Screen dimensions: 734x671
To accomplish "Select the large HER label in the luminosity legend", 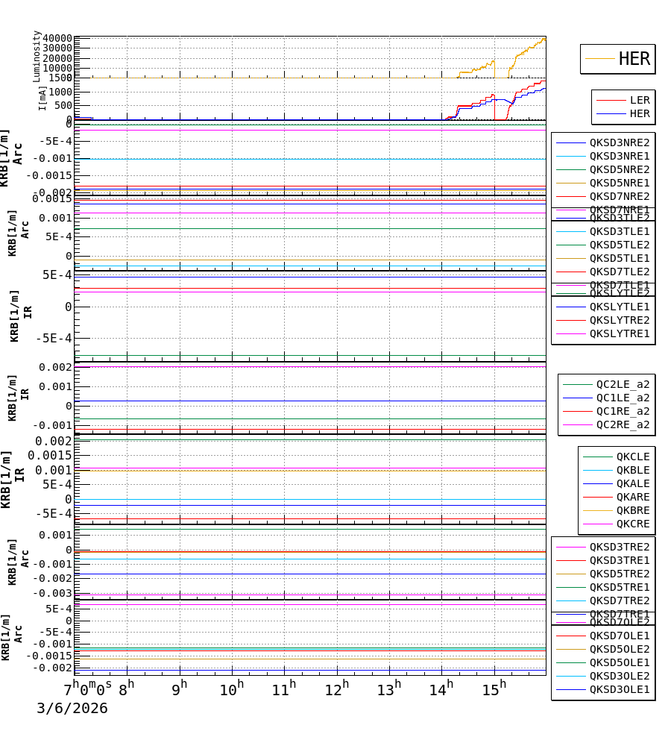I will point(634,59).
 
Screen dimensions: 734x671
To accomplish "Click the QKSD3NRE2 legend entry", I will point(619,142).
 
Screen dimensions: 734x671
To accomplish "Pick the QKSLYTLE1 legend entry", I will point(619,307).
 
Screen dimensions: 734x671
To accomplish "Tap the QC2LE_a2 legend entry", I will point(622,384).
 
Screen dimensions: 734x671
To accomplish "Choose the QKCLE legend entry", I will point(632,457).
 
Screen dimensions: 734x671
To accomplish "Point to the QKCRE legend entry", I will point(632,524).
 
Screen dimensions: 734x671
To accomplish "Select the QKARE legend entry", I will point(632,497).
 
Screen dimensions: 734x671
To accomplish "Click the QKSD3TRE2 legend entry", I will point(619,547).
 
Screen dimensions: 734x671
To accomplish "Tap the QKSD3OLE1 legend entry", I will point(619,689).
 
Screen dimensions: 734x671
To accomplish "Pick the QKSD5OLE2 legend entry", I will point(619,649).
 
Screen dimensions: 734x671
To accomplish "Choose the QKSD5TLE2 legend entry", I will point(619,245).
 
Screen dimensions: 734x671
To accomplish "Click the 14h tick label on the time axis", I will point(441,689).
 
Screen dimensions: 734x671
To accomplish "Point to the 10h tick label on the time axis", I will point(231,689).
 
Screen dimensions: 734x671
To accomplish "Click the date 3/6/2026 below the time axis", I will point(72,709).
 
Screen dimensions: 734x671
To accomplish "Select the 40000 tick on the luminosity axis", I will point(57,39).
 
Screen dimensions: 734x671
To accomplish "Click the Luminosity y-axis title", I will point(37,56).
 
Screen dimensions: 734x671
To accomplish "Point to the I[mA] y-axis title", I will point(42,98).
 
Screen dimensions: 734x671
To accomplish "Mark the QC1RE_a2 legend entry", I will point(622,411).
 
